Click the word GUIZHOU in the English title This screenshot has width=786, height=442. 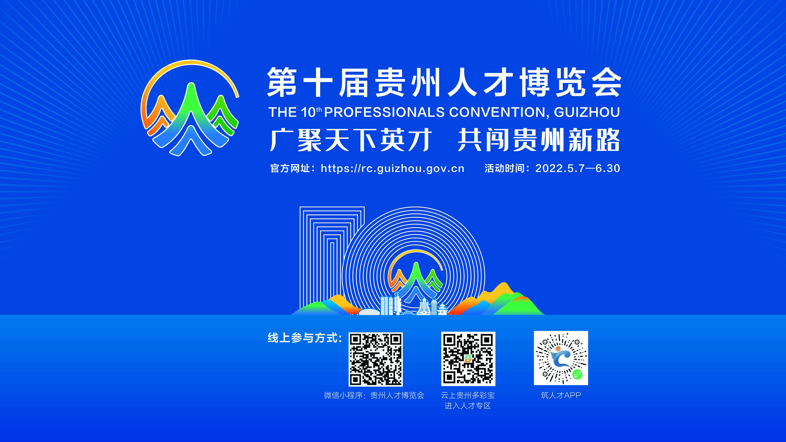click(587, 112)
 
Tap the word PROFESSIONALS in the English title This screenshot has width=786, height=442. click(384, 112)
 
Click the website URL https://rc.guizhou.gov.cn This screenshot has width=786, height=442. click(392, 168)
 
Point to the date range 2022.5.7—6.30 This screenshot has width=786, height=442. click(578, 168)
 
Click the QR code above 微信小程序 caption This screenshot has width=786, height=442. click(376, 359)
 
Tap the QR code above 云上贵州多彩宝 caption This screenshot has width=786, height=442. click(468, 359)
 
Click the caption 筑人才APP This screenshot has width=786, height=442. click(561, 395)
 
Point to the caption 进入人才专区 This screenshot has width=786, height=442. click(468, 406)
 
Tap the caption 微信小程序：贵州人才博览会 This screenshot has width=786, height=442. click(374, 395)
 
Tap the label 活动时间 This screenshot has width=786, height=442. click(504, 168)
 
